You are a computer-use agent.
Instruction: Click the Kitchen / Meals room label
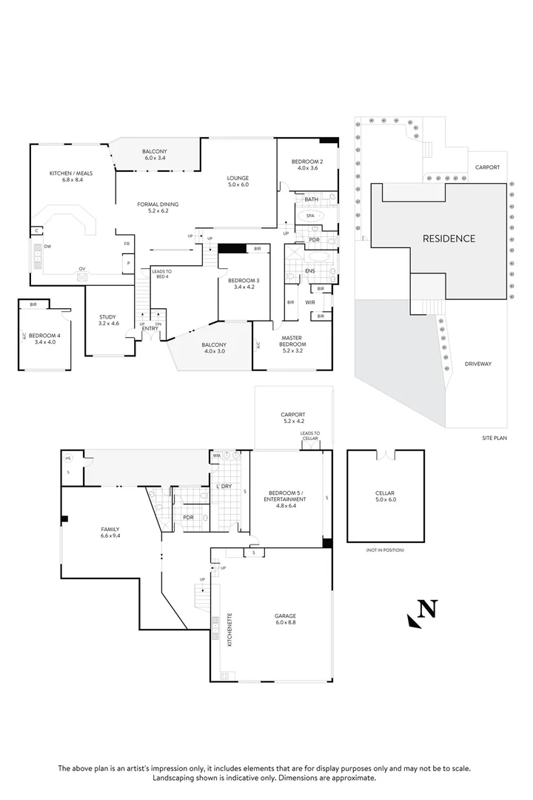(67, 176)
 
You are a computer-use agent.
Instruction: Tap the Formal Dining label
(158, 207)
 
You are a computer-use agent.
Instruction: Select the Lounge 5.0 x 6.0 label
(238, 181)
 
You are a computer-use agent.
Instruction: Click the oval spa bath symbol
(309, 216)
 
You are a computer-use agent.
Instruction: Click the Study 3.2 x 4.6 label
(109, 321)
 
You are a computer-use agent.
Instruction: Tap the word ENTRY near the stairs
(150, 328)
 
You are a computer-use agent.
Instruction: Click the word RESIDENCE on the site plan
(449, 239)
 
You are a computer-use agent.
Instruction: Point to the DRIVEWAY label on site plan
(478, 364)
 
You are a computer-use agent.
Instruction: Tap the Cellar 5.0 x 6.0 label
(385, 496)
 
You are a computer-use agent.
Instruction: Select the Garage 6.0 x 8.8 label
(286, 619)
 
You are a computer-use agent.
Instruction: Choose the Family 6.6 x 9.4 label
(110, 533)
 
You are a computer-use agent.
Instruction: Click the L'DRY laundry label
(224, 486)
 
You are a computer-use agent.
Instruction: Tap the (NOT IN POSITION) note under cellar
(385, 550)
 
